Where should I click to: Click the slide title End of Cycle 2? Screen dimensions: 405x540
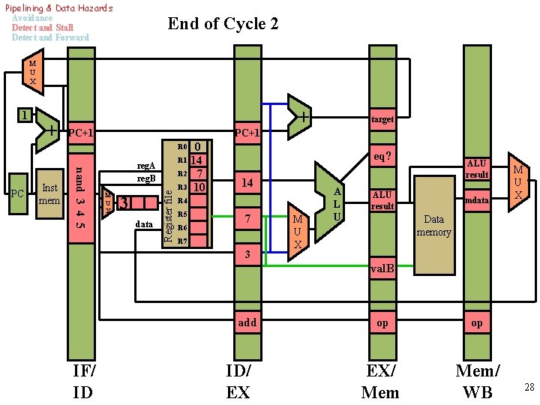click(223, 24)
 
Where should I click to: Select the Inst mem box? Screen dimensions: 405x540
click(50, 194)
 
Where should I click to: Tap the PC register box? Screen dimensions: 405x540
click(18, 194)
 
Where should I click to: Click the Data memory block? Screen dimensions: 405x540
click(434, 225)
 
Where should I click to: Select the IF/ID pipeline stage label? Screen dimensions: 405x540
click(83, 381)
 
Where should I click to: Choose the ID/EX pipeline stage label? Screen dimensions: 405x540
click(238, 381)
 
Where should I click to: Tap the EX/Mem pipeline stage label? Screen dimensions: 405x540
click(380, 381)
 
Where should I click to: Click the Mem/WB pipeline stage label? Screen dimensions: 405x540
click(478, 381)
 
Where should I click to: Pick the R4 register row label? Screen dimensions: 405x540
click(182, 201)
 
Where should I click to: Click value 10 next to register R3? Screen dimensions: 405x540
click(198, 187)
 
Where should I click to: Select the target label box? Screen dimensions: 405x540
click(382, 119)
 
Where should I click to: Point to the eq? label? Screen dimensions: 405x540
click(382, 157)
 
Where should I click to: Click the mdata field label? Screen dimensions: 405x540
click(477, 200)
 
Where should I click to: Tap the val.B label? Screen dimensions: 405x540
click(382, 268)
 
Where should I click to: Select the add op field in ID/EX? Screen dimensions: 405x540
click(247, 322)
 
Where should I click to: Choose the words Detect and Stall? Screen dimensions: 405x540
click(43, 28)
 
